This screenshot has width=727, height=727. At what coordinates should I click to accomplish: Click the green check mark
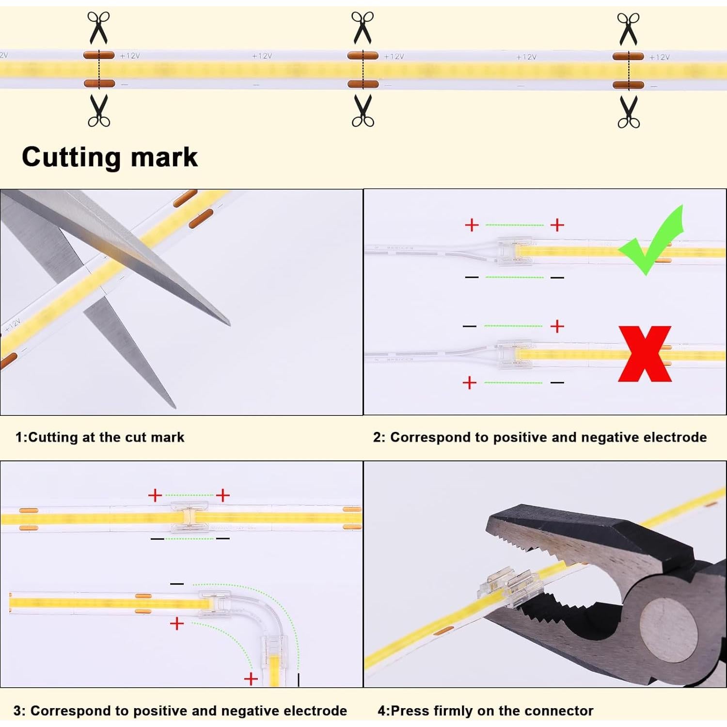[652, 242]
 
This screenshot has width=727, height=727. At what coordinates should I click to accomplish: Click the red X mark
[645, 353]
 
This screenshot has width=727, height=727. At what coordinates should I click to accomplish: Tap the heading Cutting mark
[110, 157]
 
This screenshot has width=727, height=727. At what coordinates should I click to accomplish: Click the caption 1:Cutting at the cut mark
[100, 437]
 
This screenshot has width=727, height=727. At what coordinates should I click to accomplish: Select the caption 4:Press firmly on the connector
[485, 711]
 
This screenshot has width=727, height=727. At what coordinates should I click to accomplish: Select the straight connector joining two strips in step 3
[189, 518]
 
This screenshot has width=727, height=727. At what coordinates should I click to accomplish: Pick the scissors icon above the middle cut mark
[363, 27]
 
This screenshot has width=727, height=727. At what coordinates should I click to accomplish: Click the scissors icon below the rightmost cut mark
[629, 111]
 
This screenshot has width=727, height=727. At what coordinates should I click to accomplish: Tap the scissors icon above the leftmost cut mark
[98, 27]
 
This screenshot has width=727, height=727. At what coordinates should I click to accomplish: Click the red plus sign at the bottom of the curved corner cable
[251, 679]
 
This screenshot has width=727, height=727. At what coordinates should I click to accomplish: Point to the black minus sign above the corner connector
[177, 584]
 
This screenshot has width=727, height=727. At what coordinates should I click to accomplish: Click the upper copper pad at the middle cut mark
[363, 56]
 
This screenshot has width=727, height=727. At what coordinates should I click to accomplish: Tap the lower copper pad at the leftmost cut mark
[99, 83]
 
